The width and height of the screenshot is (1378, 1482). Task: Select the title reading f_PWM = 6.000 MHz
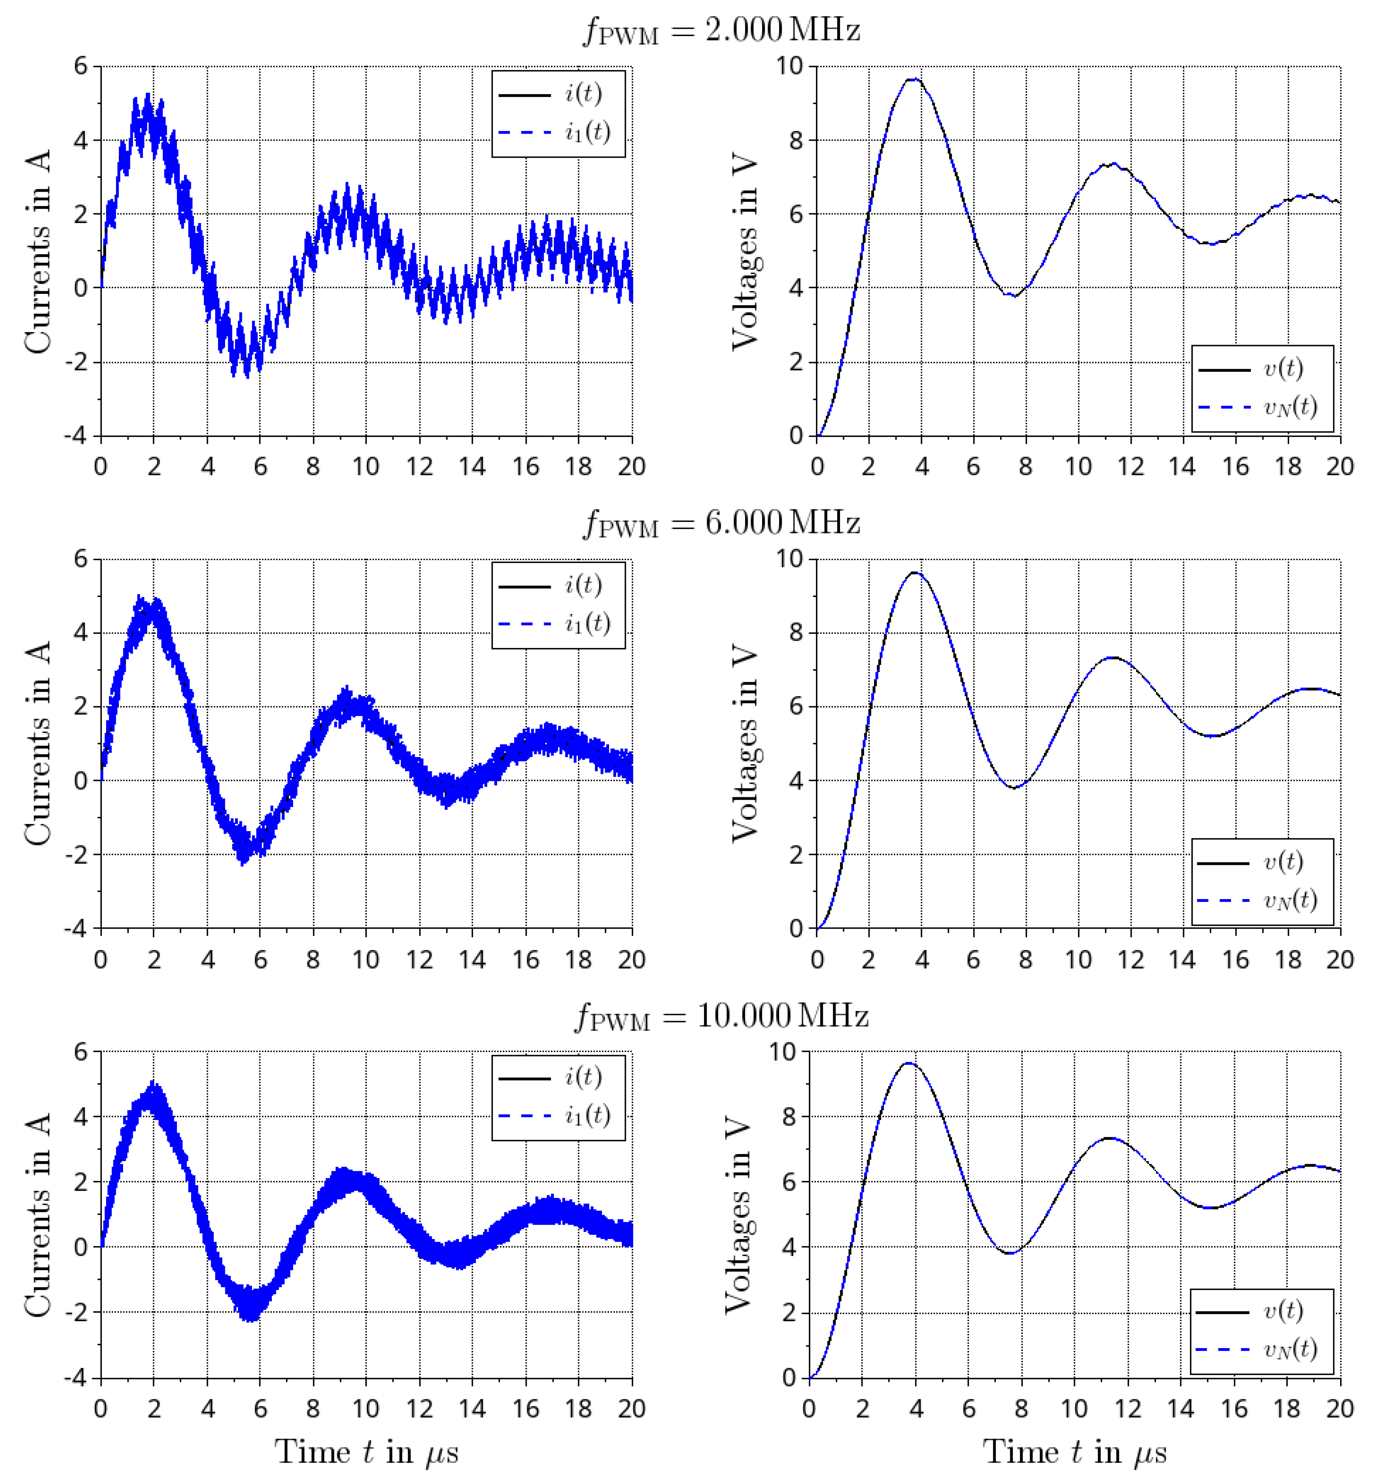click(721, 523)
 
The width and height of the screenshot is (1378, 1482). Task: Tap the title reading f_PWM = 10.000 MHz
click(721, 1016)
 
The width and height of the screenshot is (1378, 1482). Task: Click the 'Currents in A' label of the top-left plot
click(37, 251)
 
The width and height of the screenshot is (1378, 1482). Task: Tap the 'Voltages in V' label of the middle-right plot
click(744, 744)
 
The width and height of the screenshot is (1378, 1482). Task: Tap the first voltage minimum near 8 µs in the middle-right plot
click(1013, 788)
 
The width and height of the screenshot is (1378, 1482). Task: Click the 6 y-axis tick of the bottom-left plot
click(81, 1052)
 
